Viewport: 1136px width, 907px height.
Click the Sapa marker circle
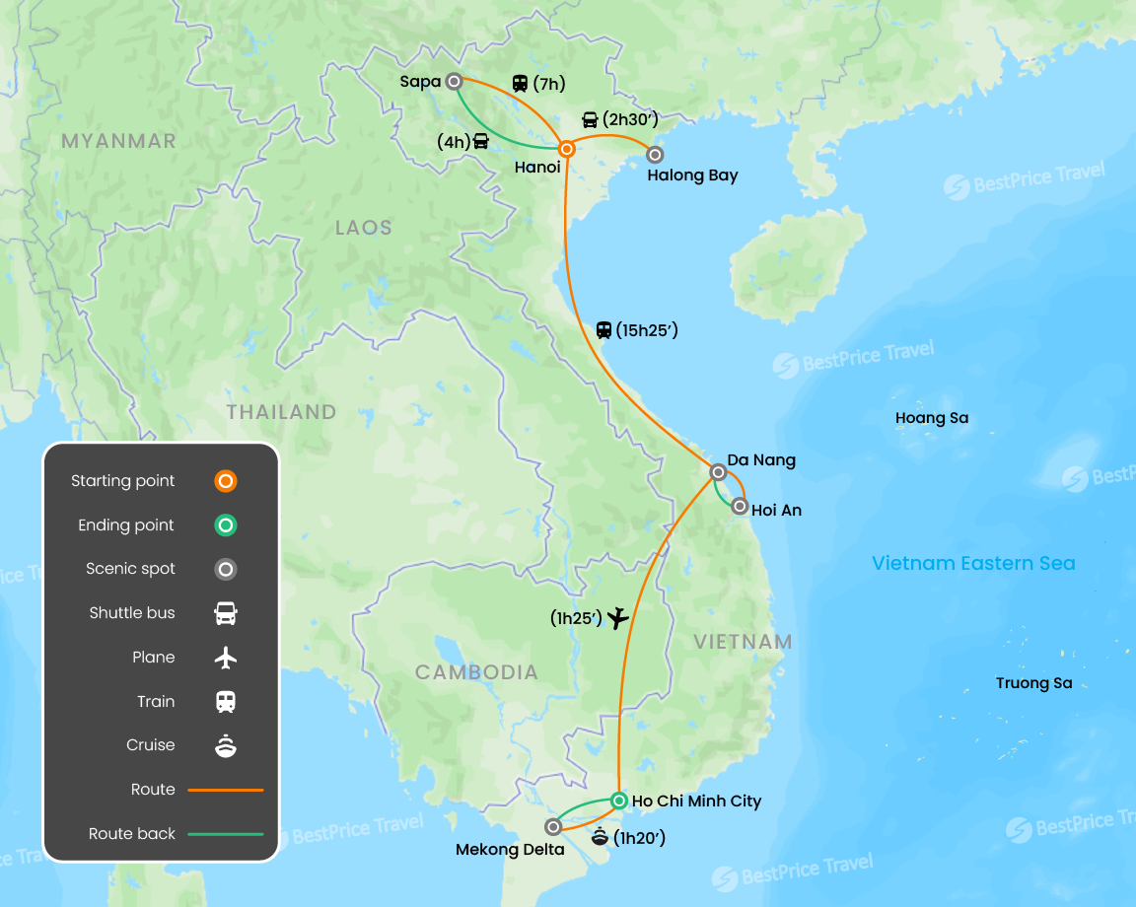(x=454, y=82)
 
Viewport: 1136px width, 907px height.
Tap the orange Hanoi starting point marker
(x=567, y=149)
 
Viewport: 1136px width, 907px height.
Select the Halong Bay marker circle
(x=654, y=154)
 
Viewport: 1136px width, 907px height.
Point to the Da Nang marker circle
(x=719, y=472)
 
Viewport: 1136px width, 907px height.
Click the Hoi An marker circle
(x=740, y=506)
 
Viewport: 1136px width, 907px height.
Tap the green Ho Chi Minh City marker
(x=618, y=800)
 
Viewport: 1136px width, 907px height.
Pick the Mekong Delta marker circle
(x=553, y=826)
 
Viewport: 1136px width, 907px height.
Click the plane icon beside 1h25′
(x=617, y=618)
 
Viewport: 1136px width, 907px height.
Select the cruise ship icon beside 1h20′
(x=600, y=838)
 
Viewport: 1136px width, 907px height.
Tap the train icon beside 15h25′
(x=603, y=330)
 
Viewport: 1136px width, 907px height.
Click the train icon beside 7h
(x=520, y=84)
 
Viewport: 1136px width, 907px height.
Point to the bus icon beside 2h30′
(x=590, y=120)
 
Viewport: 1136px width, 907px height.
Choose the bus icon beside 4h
(x=481, y=140)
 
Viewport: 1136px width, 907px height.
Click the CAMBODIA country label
(x=476, y=672)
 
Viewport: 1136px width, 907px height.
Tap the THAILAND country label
(x=281, y=412)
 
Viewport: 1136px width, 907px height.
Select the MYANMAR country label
(x=118, y=141)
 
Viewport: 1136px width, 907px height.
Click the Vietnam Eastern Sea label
(x=973, y=564)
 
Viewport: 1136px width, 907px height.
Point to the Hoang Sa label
(x=932, y=418)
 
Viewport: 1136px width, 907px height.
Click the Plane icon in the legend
(x=226, y=658)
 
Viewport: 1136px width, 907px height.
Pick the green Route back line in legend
(x=226, y=834)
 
